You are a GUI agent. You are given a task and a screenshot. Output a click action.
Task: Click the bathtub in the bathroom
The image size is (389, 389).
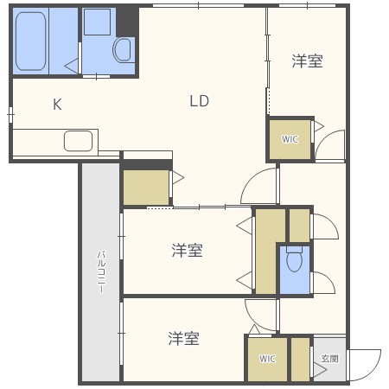30,41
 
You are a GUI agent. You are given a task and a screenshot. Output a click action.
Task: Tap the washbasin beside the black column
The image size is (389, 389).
124,50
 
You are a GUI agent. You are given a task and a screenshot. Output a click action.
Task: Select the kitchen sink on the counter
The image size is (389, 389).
78,141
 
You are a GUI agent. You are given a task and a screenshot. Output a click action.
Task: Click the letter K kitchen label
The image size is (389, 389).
57,105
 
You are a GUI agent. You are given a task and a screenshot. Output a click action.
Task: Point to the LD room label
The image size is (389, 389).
200,101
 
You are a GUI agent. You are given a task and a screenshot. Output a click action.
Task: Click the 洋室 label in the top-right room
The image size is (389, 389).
307,61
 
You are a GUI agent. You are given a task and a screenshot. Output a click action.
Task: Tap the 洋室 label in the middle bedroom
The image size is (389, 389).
188,250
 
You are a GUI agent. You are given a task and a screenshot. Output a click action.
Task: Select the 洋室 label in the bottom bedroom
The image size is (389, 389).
184,338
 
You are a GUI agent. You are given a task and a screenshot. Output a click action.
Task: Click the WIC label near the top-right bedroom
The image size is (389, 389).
290,139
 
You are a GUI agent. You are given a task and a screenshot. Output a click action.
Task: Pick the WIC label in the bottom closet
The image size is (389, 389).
267,359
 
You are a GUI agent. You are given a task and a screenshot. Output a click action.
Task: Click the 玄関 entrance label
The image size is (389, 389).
330,359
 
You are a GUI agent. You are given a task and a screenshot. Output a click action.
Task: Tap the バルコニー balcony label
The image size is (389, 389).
101,272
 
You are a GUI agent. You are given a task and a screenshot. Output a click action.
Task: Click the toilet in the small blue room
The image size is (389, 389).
294,258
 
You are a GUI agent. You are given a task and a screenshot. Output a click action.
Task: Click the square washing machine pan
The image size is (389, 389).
97,22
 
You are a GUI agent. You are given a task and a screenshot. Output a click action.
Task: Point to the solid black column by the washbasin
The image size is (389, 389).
127,22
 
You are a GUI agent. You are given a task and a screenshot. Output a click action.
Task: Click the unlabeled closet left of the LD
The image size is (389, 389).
146,188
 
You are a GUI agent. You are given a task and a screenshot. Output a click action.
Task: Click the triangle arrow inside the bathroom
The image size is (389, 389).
71,66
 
